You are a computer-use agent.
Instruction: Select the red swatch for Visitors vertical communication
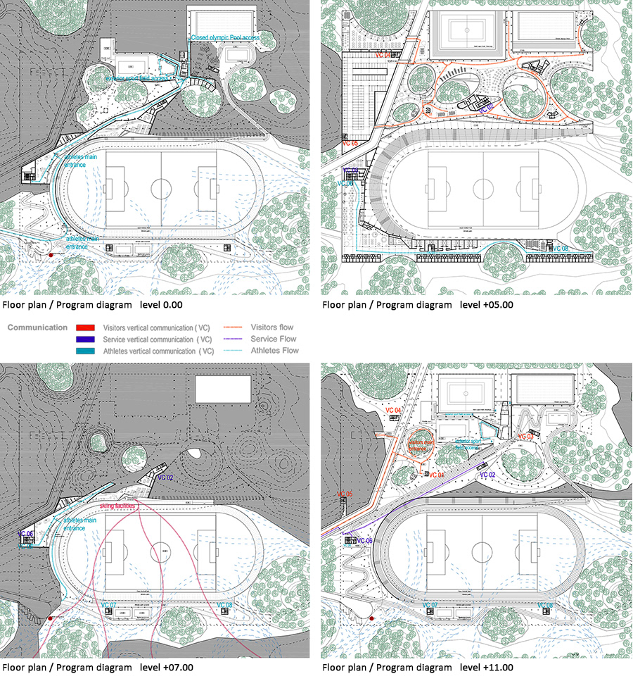[84, 327]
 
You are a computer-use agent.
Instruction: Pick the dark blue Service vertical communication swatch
[84, 339]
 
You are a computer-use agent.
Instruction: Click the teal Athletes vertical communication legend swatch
[84, 351]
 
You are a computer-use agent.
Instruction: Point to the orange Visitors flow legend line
[237, 327]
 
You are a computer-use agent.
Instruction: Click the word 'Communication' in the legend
[37, 327]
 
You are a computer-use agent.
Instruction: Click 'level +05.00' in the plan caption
[487, 305]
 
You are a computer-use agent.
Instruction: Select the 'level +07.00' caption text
[164, 667]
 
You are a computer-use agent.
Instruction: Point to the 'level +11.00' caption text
[487, 667]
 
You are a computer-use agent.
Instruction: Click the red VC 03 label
[525, 437]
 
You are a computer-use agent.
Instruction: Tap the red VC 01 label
[437, 475]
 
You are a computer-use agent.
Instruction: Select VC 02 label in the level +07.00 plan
[165, 478]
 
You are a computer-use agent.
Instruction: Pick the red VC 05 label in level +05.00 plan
[350, 144]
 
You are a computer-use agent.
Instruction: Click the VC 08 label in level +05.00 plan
[560, 248]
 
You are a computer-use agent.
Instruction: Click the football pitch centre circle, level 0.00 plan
[161, 188]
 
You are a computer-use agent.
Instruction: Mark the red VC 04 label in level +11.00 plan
[392, 410]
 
